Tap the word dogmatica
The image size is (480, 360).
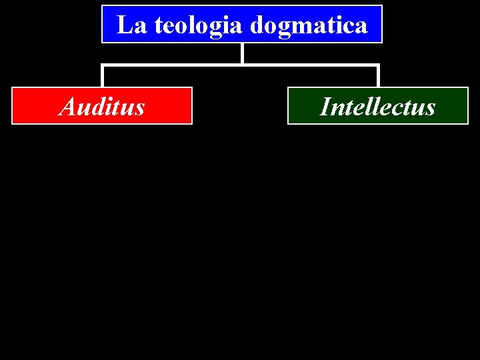pos(309,25)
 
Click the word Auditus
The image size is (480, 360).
pos(102,107)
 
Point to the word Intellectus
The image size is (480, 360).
pos(377,107)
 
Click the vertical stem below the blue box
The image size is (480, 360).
pos(242,53)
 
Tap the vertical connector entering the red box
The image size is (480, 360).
pos(102,76)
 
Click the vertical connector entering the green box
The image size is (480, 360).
pos(378,76)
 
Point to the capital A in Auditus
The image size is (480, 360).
pos(67,106)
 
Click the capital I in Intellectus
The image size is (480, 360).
pos(325,107)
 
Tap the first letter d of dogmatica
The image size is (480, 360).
pos(257,25)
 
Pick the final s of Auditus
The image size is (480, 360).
pos(140,108)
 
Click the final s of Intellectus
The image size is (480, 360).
pos(431,108)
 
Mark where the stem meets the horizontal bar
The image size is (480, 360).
pos(242,65)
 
